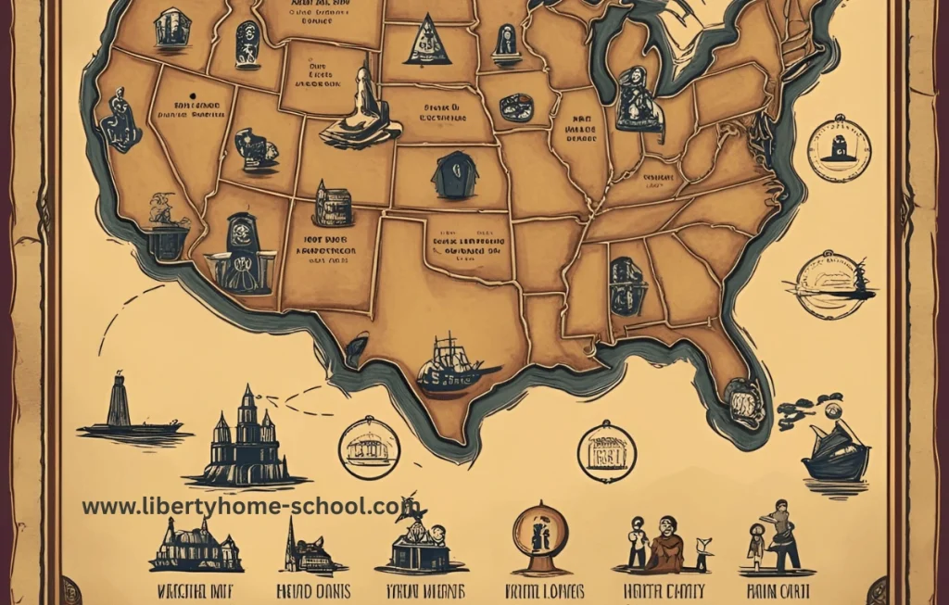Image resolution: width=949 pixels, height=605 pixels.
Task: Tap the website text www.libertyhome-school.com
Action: click(250, 506)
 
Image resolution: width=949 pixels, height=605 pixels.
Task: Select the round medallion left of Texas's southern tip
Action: click(369, 447)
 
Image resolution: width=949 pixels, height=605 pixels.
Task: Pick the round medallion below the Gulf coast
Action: click(607, 451)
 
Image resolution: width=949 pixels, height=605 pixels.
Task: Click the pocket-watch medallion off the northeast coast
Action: click(839, 147)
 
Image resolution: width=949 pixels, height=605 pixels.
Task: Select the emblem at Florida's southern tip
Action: click(745, 402)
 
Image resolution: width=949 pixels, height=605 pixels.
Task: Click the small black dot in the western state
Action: click(191, 95)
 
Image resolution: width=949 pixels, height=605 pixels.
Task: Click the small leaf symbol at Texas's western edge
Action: click(356, 350)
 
